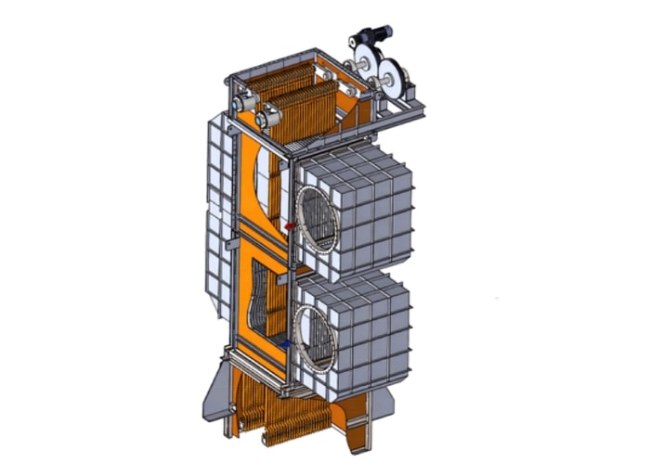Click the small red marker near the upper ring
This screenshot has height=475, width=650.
290,225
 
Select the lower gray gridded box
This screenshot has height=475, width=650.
362,325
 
